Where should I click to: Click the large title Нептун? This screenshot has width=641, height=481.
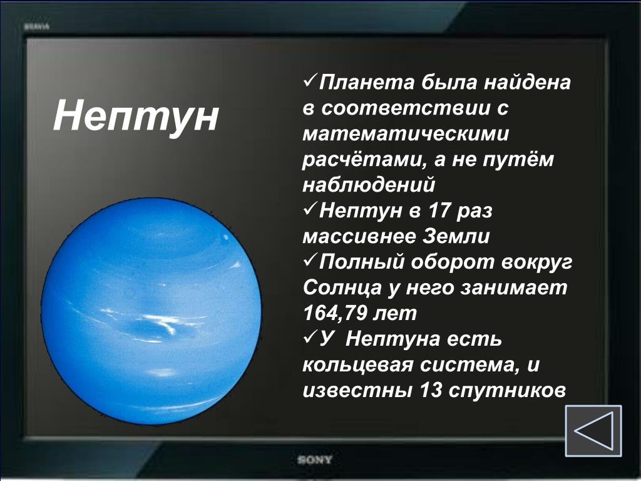tap(136, 115)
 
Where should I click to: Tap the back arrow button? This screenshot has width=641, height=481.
tap(593, 431)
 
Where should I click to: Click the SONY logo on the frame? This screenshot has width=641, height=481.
tap(315, 460)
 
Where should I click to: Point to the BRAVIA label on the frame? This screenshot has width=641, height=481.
tap(37, 27)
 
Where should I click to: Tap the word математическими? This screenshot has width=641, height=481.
tap(406, 134)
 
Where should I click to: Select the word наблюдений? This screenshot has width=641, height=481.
tap(369, 185)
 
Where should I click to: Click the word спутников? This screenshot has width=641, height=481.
tap(507, 391)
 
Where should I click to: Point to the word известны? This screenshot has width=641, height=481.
tap(357, 390)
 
